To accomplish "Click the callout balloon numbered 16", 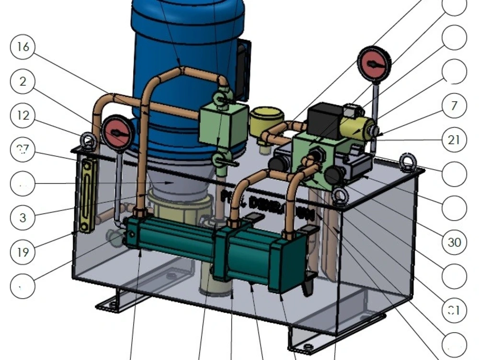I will click(23, 47).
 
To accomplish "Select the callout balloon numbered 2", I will click(23, 81).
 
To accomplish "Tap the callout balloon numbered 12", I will click(23, 116).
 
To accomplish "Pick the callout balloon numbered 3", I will click(23, 218).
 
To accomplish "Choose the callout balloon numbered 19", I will click(23, 252).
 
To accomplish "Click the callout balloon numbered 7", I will click(454, 106).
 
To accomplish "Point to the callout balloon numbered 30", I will click(454, 242).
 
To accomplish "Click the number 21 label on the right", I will click(454, 140).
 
